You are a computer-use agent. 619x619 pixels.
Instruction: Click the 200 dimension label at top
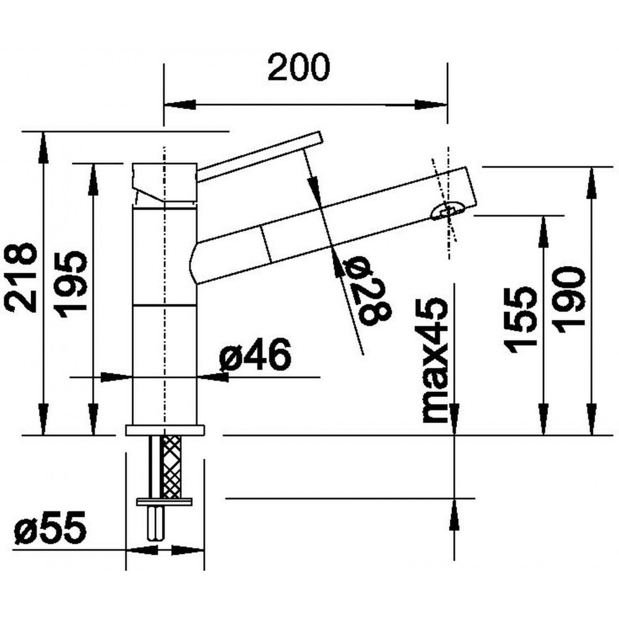pyautogui.click(x=298, y=67)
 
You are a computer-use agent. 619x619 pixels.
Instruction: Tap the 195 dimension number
pyautogui.click(x=71, y=284)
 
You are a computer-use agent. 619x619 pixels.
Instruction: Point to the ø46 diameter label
pyautogui.click(x=255, y=354)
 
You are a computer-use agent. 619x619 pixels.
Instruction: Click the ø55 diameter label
pyautogui.click(x=50, y=528)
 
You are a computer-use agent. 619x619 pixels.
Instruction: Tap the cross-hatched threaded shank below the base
pyautogui.click(x=172, y=467)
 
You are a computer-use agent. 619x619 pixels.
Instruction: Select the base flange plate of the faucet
pyautogui.click(x=165, y=430)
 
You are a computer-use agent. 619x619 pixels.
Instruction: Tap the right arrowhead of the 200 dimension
pyautogui.click(x=431, y=105)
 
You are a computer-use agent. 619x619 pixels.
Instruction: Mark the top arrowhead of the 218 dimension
pyautogui.click(x=43, y=147)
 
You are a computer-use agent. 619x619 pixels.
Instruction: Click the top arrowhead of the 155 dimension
pyautogui.click(x=543, y=232)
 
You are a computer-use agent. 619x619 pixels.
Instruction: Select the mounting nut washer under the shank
pyautogui.click(x=164, y=502)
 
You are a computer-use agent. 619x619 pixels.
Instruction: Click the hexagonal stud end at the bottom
pyautogui.click(x=156, y=524)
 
